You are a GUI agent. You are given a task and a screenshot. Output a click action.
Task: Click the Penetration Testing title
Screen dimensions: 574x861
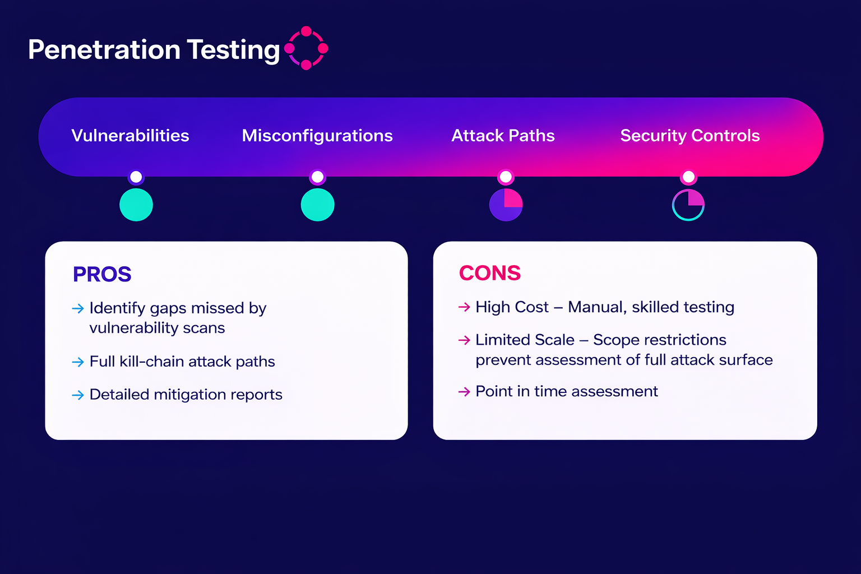tap(154, 50)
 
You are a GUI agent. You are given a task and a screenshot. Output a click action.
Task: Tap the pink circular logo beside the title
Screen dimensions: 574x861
tap(306, 48)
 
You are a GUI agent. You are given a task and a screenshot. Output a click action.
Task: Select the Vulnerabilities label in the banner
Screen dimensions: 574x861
tap(130, 136)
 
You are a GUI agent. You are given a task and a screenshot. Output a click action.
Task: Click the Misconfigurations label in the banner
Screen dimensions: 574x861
tap(317, 136)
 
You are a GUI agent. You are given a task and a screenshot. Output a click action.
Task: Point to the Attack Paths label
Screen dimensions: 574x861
tap(503, 136)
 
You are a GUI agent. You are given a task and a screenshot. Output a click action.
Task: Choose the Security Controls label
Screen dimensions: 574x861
tap(689, 136)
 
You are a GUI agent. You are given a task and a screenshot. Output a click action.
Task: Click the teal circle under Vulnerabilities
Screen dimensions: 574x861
tap(136, 205)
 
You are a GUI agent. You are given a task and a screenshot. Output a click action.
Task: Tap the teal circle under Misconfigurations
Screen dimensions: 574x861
tap(317, 205)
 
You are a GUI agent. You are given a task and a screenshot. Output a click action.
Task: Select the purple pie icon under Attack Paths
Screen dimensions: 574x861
tap(506, 205)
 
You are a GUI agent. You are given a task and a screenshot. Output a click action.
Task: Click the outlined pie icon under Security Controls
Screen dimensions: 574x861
tap(688, 205)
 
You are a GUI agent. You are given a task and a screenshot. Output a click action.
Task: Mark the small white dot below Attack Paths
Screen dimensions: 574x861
tap(506, 177)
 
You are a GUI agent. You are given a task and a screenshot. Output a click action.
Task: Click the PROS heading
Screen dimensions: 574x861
tap(102, 274)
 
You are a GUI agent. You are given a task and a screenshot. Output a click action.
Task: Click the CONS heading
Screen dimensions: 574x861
tap(489, 273)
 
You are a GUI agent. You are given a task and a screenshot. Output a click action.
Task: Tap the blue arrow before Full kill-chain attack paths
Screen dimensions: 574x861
tap(78, 362)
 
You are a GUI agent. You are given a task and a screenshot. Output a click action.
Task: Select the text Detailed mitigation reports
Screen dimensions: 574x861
tap(186, 395)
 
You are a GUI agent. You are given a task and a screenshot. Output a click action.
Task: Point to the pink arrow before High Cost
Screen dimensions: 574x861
tap(464, 307)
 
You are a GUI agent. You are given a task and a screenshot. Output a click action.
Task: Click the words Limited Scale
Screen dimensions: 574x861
tap(525, 340)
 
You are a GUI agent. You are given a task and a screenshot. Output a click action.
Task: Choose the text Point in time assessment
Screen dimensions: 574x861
tap(566, 391)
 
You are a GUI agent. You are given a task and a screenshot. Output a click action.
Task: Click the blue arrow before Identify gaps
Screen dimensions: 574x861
tap(78, 309)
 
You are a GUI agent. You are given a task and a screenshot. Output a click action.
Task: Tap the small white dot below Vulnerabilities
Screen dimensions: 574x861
tap(136, 177)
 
